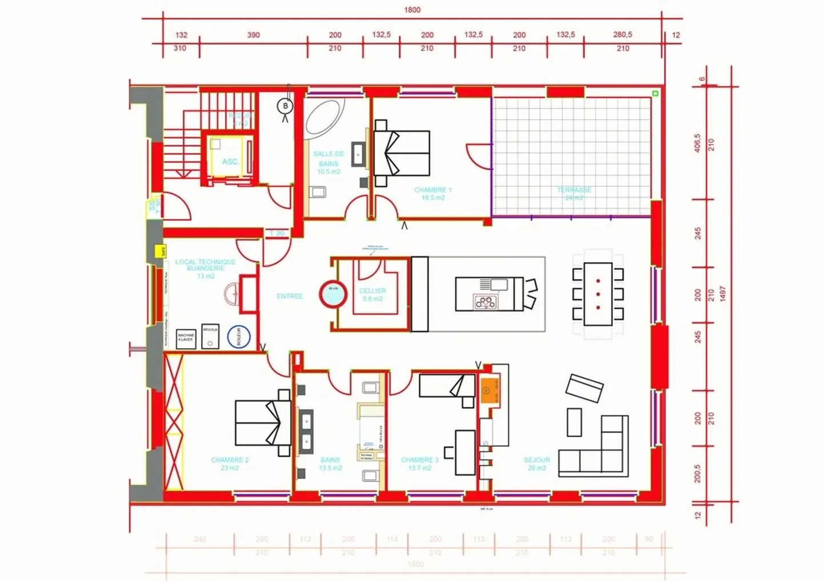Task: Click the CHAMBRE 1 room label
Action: tap(433, 190)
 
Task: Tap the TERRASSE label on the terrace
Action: tap(574, 190)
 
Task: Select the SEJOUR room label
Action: tap(537, 460)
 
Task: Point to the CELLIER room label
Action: tap(373, 291)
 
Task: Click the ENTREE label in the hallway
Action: tap(290, 296)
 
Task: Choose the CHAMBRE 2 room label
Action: tap(230, 460)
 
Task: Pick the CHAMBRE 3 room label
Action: tap(420, 460)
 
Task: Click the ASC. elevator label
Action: tap(230, 162)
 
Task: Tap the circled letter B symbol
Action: tap(285, 106)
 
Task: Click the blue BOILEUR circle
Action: tap(239, 337)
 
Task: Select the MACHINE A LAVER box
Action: tap(186, 338)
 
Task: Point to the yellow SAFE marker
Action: tap(161, 251)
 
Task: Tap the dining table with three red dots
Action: tap(598, 294)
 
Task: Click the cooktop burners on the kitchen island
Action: tap(486, 302)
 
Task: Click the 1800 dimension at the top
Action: tap(412, 10)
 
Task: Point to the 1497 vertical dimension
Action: tap(722, 294)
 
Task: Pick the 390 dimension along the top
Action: tap(253, 35)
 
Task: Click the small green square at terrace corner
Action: tap(655, 93)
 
